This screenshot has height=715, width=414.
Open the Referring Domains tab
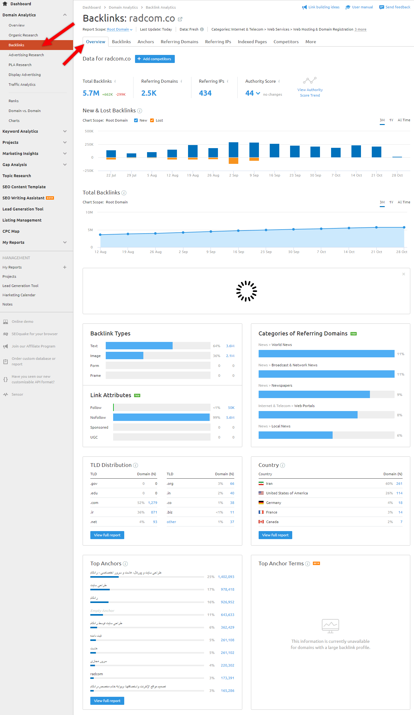[179, 42]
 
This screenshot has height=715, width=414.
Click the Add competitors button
[155, 59]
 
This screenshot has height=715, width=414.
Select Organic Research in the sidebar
[23, 35]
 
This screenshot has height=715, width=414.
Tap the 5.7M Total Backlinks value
[91, 93]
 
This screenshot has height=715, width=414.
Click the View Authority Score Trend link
[310, 92]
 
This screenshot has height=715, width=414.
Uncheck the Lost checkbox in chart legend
[152, 120]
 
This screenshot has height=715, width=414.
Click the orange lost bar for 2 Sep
[233, 160]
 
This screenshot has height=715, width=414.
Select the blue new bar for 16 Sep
[274, 151]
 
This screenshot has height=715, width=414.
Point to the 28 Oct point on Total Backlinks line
[404, 227]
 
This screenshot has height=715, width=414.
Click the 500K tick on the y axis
[89, 131]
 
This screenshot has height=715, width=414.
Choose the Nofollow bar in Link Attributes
[161, 417]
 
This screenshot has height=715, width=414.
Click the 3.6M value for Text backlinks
[230, 346]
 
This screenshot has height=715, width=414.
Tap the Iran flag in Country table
[261, 484]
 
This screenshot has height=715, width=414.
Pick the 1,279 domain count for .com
[153, 503]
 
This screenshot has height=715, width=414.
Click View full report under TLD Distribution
[107, 535]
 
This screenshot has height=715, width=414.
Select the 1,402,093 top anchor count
[226, 577]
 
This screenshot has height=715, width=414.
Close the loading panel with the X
[404, 274]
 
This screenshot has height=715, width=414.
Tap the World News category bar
[326, 354]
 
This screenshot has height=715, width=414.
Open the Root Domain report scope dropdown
[120, 30]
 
